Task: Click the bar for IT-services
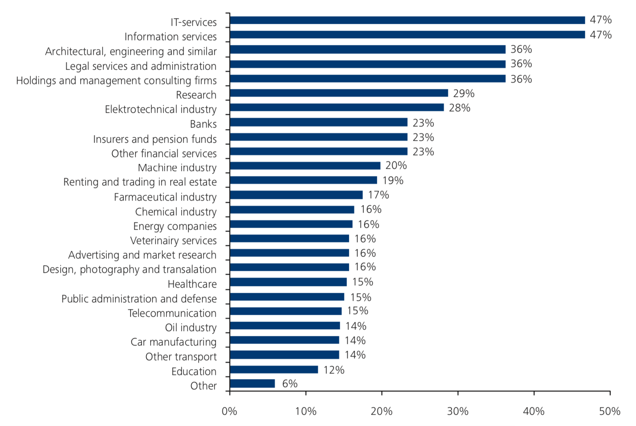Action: point(407,20)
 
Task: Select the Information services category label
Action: point(171,37)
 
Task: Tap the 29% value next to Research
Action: point(463,93)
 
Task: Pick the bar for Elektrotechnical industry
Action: point(337,107)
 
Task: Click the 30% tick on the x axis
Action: point(458,411)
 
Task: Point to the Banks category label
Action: point(203,124)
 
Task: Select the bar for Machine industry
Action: point(305,166)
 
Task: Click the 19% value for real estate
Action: point(392,180)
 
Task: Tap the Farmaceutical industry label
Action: point(165,197)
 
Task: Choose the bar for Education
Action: point(274,370)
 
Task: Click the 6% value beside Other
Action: point(290,384)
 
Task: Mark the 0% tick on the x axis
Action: point(230,411)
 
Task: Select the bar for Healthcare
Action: point(288,282)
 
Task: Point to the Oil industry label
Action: point(191,328)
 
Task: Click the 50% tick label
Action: point(610,411)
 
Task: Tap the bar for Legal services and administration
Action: point(367,64)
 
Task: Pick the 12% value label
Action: point(334,370)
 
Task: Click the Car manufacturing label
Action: point(173,342)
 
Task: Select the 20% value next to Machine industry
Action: point(396,165)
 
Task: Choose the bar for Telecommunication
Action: point(285,311)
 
